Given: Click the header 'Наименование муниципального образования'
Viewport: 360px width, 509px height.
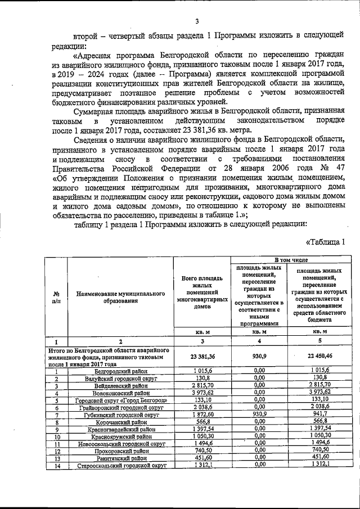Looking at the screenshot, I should [120, 297].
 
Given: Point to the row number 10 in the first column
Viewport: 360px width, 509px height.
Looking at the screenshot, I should [56, 436].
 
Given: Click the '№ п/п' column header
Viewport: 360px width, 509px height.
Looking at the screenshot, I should [56, 297].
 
